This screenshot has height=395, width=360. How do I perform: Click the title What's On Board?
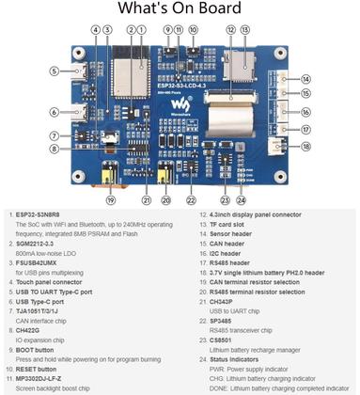click(179, 10)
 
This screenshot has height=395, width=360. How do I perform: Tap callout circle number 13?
click(246, 29)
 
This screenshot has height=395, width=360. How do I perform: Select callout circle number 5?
click(54, 71)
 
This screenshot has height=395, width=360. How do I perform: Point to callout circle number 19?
click(110, 199)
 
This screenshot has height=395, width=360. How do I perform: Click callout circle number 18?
click(305, 147)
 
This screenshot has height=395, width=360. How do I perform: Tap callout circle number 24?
click(242, 199)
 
